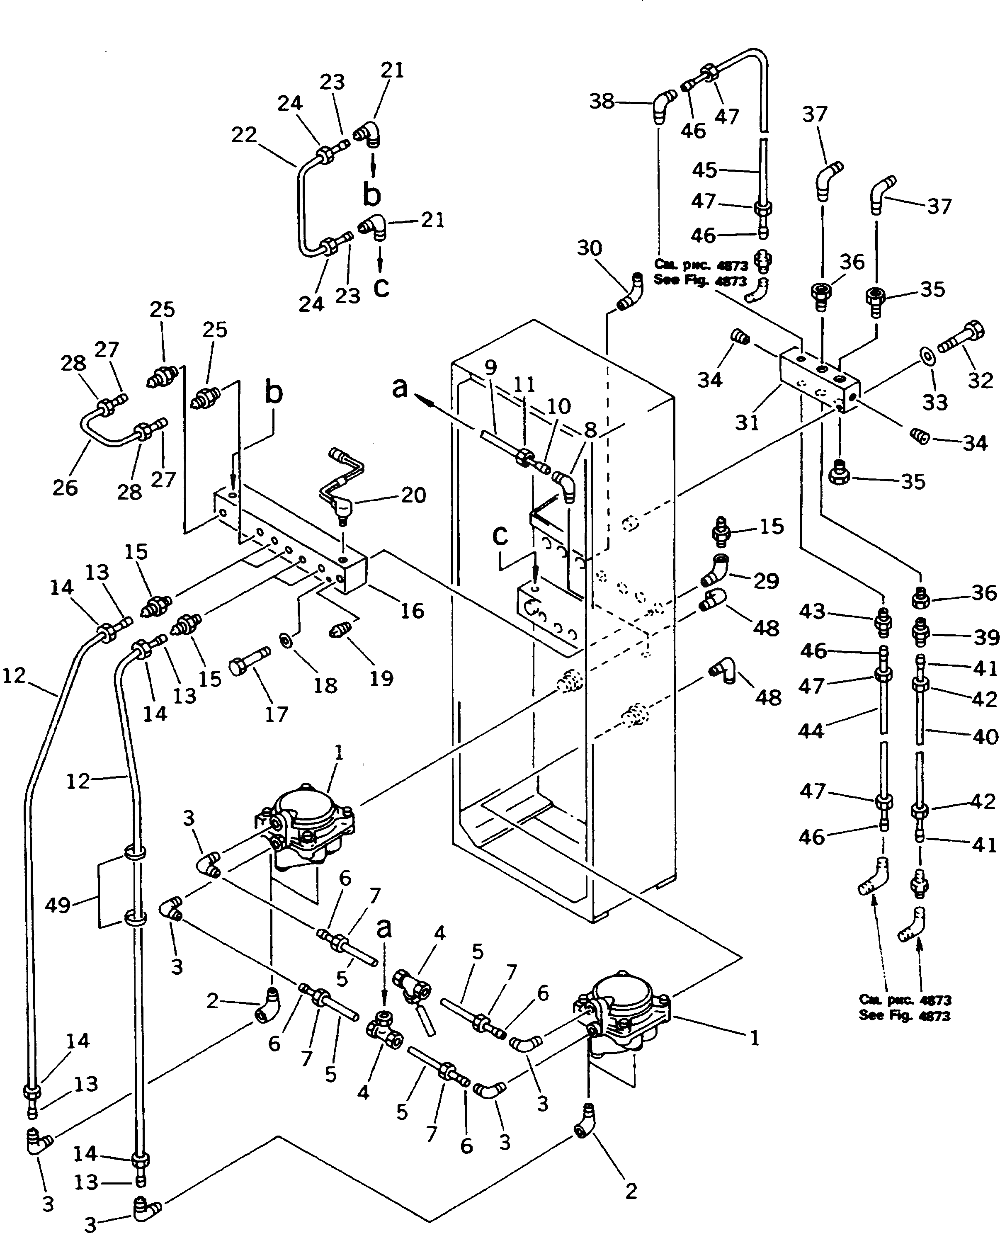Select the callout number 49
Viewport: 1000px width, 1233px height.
click(58, 905)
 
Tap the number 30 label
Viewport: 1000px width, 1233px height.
click(589, 249)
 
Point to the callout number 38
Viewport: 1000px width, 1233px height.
click(602, 102)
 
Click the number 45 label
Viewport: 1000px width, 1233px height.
click(704, 170)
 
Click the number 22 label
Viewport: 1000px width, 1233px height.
click(244, 135)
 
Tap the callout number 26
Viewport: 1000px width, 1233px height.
click(65, 488)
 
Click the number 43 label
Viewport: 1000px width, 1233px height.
click(812, 611)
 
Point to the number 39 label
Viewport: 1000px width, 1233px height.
click(985, 636)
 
